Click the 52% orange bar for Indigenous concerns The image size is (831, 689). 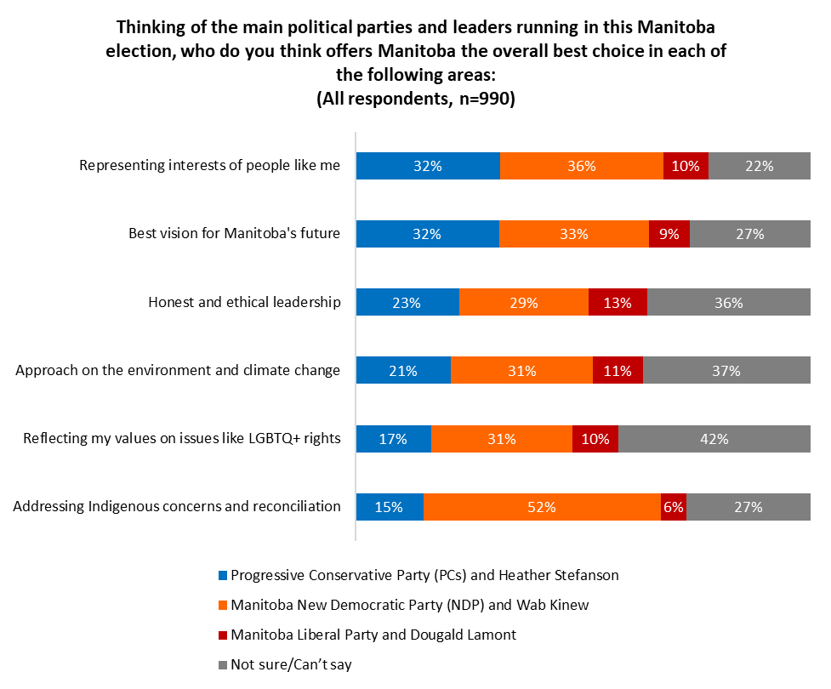point(542,507)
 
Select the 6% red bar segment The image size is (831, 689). point(674,507)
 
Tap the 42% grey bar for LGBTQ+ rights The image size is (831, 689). point(714,439)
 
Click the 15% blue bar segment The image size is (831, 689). point(390,507)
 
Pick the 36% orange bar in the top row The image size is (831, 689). point(582,166)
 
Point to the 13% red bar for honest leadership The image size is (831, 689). point(618,302)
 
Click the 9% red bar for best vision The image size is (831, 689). point(669,234)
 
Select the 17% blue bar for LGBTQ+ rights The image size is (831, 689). point(394,439)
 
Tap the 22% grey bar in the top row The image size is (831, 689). point(760,166)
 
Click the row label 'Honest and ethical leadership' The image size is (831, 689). point(244,302)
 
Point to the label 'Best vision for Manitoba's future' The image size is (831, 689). point(234,234)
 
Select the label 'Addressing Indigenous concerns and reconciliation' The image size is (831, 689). point(177,507)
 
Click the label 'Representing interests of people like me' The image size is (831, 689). point(210,166)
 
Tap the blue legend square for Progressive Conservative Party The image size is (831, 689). point(224,575)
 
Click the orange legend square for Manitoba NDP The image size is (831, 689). point(224,606)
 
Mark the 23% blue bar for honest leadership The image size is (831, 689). point(407,302)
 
